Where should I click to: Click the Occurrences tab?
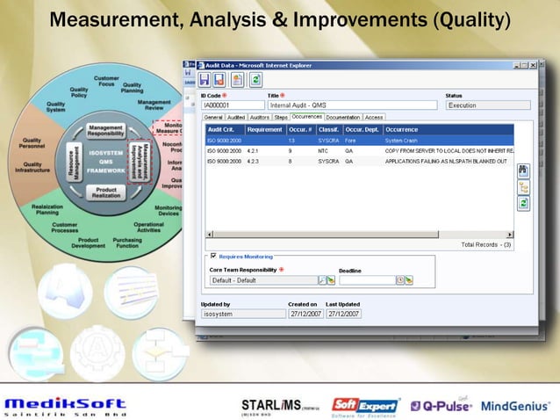[307, 116]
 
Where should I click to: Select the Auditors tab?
[260, 116]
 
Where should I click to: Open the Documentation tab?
[343, 116]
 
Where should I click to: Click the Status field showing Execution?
[487, 105]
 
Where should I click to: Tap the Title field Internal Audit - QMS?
[351, 105]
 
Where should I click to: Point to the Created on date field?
[305, 314]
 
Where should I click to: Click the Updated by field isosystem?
[241, 314]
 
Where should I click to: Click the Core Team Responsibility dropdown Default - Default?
[263, 280]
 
